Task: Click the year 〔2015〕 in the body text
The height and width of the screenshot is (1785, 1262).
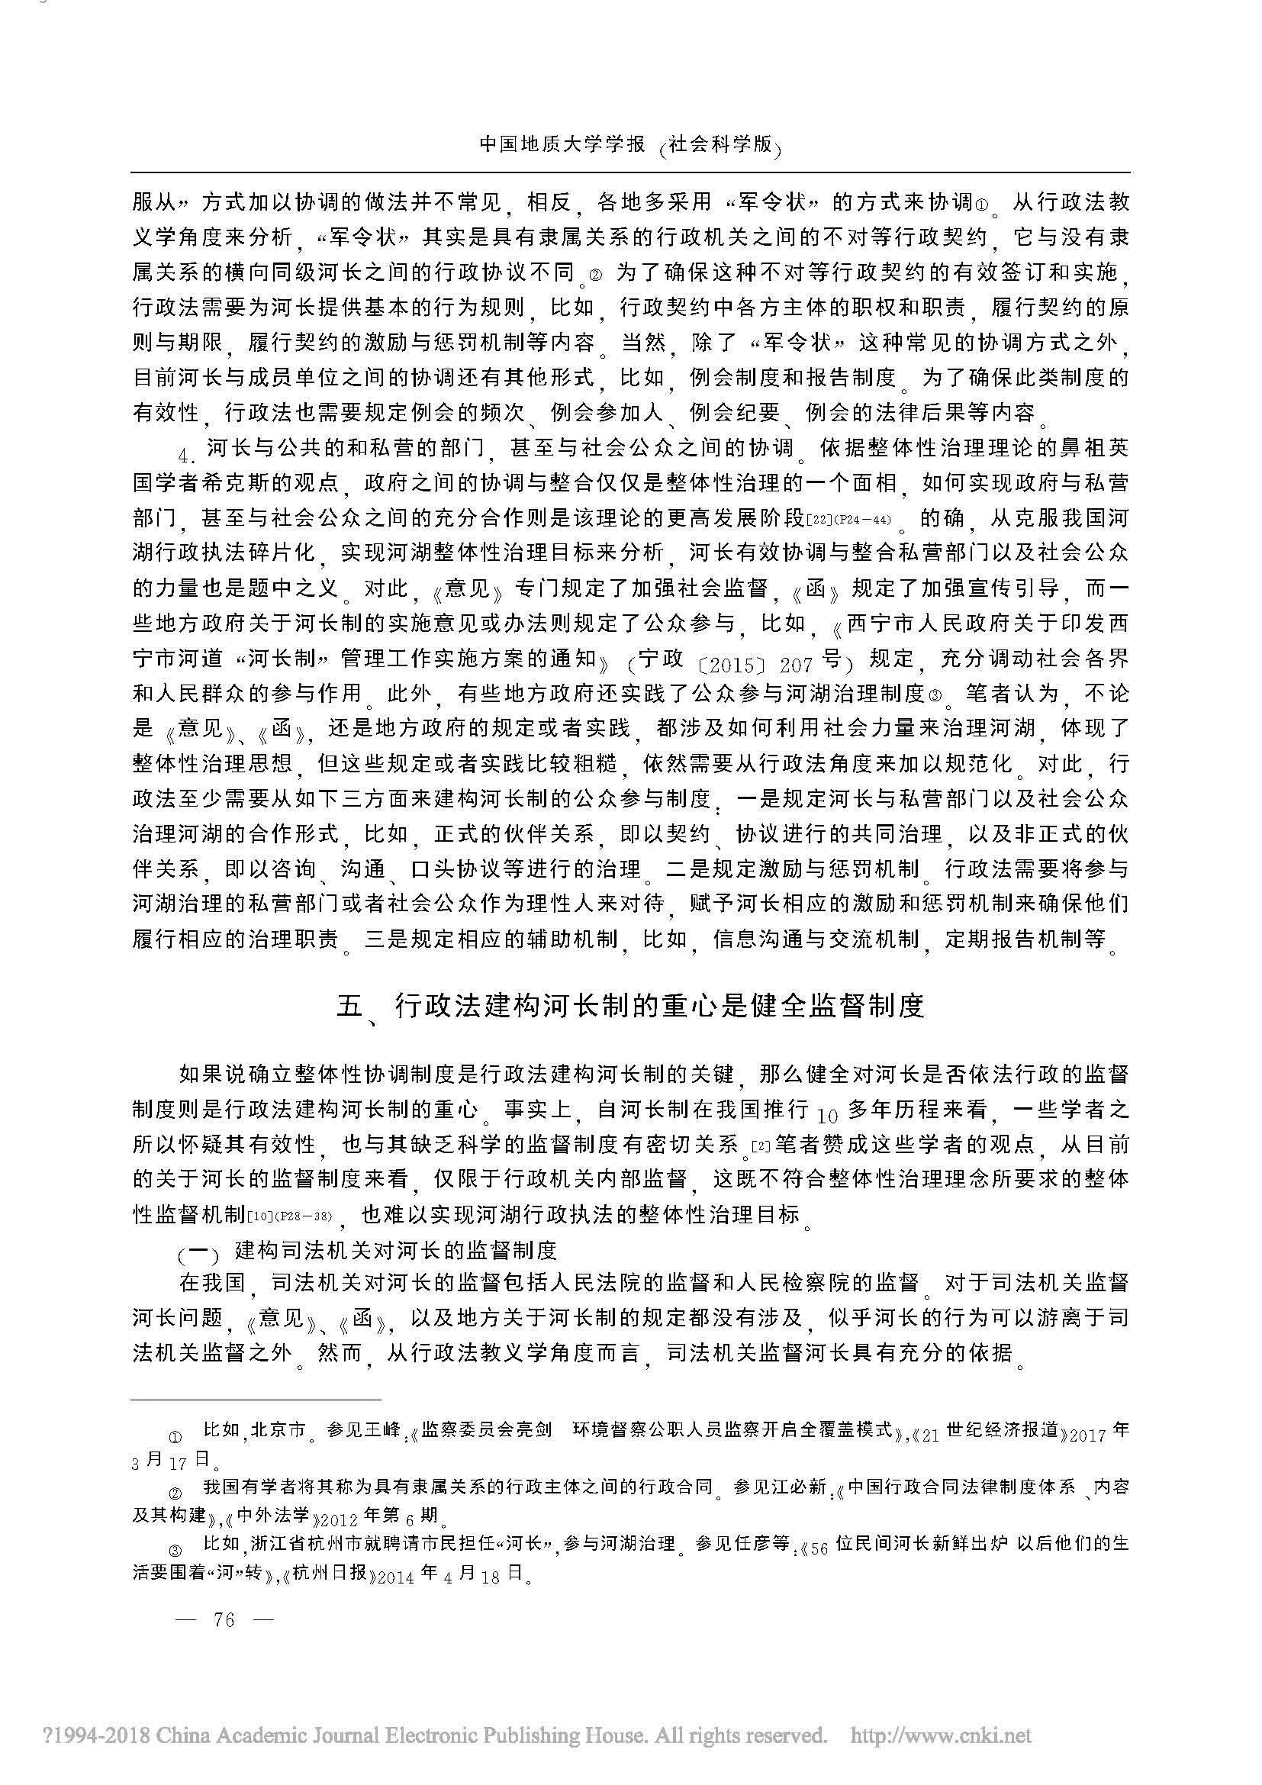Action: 731,664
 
